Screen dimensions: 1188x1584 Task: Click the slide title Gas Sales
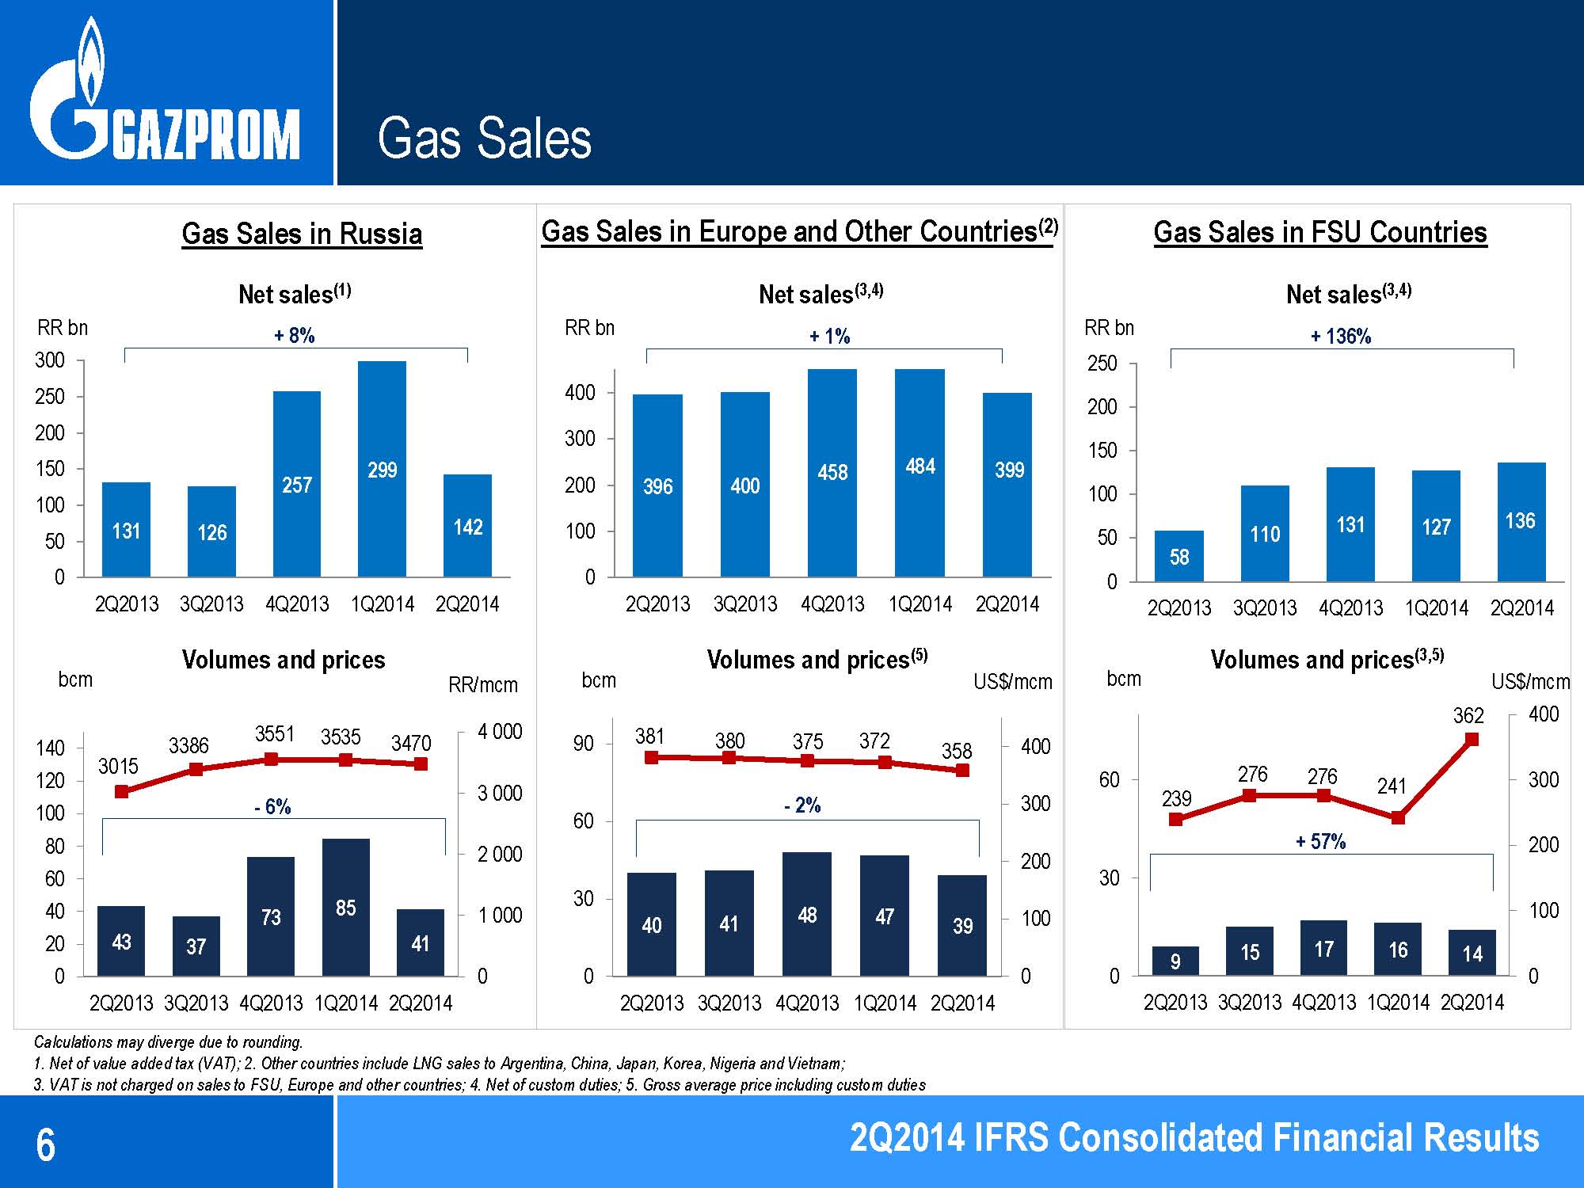(484, 138)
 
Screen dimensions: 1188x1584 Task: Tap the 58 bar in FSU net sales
(1178, 555)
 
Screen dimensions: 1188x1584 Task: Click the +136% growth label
(1341, 337)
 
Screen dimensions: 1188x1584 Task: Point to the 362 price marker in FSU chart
(1472, 740)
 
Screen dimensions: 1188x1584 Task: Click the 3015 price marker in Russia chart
(122, 791)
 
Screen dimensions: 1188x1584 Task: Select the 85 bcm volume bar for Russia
(345, 907)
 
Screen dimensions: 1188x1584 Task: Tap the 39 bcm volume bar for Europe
(962, 925)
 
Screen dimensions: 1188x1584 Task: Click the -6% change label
(272, 807)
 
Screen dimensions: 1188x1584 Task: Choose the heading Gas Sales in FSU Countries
(1320, 233)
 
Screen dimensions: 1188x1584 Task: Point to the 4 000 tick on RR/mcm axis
(500, 732)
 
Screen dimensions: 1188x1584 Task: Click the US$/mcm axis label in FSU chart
(1530, 682)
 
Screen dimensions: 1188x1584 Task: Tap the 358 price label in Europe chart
(957, 750)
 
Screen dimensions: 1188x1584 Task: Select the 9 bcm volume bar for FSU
(1175, 961)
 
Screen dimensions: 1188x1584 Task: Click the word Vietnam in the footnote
(821, 1064)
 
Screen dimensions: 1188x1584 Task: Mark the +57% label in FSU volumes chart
(1320, 842)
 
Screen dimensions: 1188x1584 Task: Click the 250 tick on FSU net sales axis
(1102, 364)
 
